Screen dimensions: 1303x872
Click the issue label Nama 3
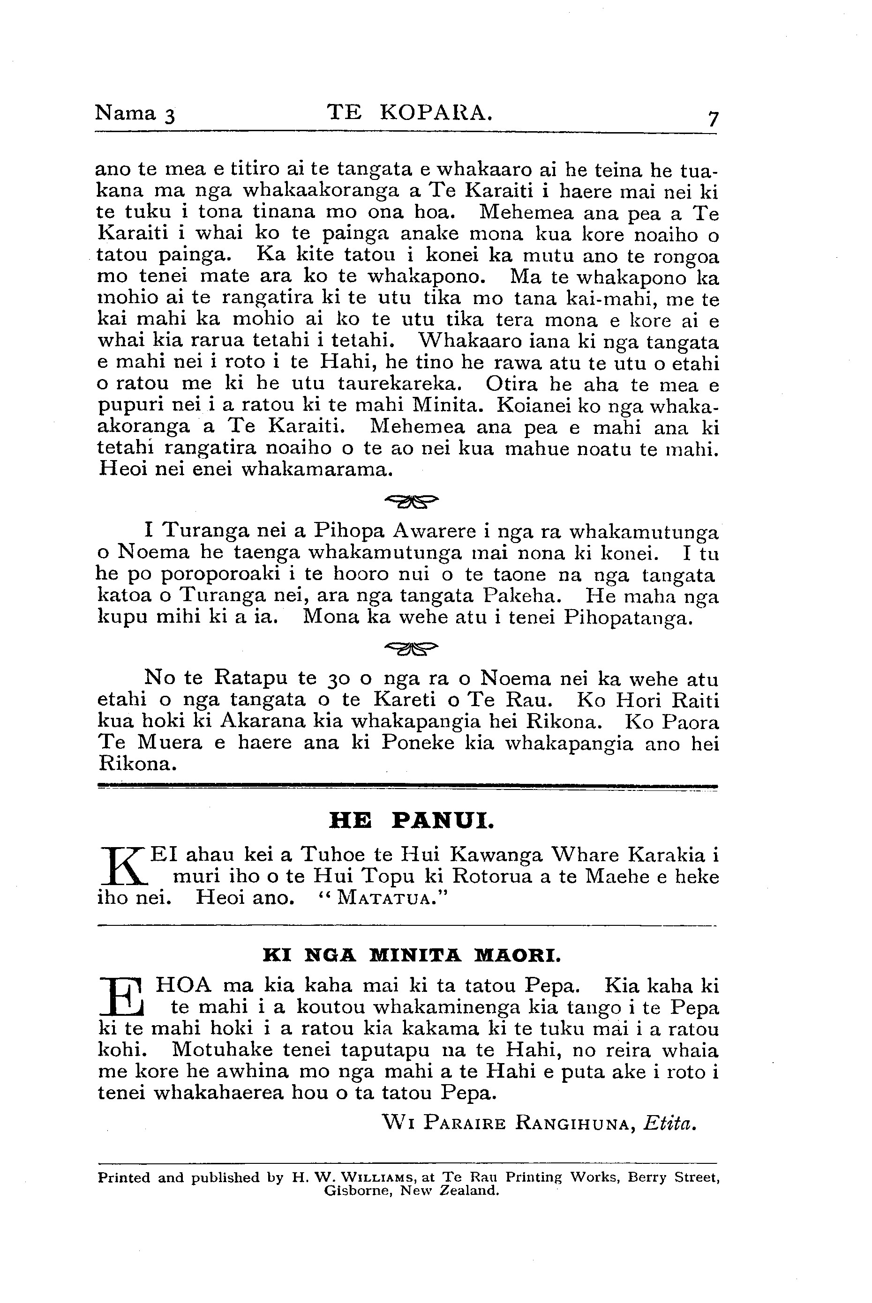(x=135, y=113)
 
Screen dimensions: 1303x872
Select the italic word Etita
(x=669, y=1124)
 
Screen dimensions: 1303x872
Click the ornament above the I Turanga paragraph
(x=412, y=501)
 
